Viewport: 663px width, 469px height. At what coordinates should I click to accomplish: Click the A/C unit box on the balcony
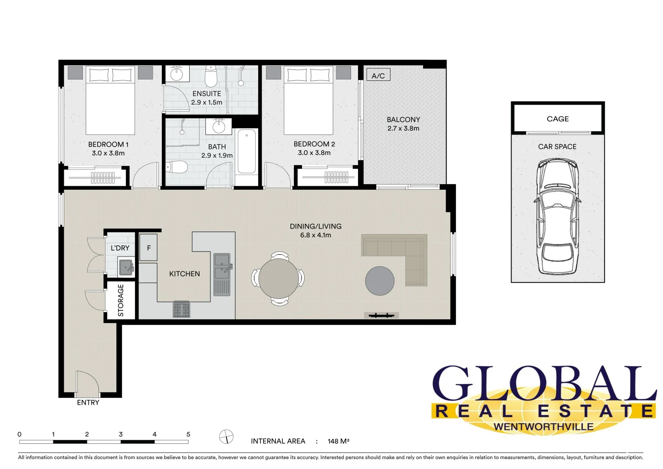click(x=378, y=75)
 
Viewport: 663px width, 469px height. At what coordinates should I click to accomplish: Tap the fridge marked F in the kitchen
click(x=148, y=248)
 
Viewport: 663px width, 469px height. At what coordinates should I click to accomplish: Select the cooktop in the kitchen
click(x=181, y=310)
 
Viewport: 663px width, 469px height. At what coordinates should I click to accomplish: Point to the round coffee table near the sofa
click(x=380, y=281)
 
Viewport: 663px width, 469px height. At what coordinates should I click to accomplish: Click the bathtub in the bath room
click(x=246, y=152)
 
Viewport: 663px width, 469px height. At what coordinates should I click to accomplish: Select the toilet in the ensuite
click(x=211, y=77)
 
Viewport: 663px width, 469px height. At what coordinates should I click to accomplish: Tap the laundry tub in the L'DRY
click(x=126, y=268)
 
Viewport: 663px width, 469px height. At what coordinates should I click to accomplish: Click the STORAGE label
click(x=121, y=300)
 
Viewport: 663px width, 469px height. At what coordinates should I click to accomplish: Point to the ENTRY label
click(x=88, y=403)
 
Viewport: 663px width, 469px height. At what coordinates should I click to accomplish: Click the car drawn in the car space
click(x=557, y=217)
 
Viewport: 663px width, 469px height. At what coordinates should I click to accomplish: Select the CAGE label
click(x=558, y=119)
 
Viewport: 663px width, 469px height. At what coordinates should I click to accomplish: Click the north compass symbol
click(x=226, y=437)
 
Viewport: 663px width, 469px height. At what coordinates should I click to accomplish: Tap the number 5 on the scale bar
click(x=188, y=434)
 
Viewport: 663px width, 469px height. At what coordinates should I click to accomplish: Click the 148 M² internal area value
click(x=338, y=441)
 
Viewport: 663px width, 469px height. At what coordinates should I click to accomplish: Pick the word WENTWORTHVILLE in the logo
click(x=543, y=426)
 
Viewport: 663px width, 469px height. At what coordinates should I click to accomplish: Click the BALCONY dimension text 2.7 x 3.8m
click(x=403, y=129)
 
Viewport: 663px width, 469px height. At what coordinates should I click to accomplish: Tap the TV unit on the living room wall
click(x=381, y=315)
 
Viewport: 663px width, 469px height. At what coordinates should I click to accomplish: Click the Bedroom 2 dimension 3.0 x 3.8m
click(x=314, y=153)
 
